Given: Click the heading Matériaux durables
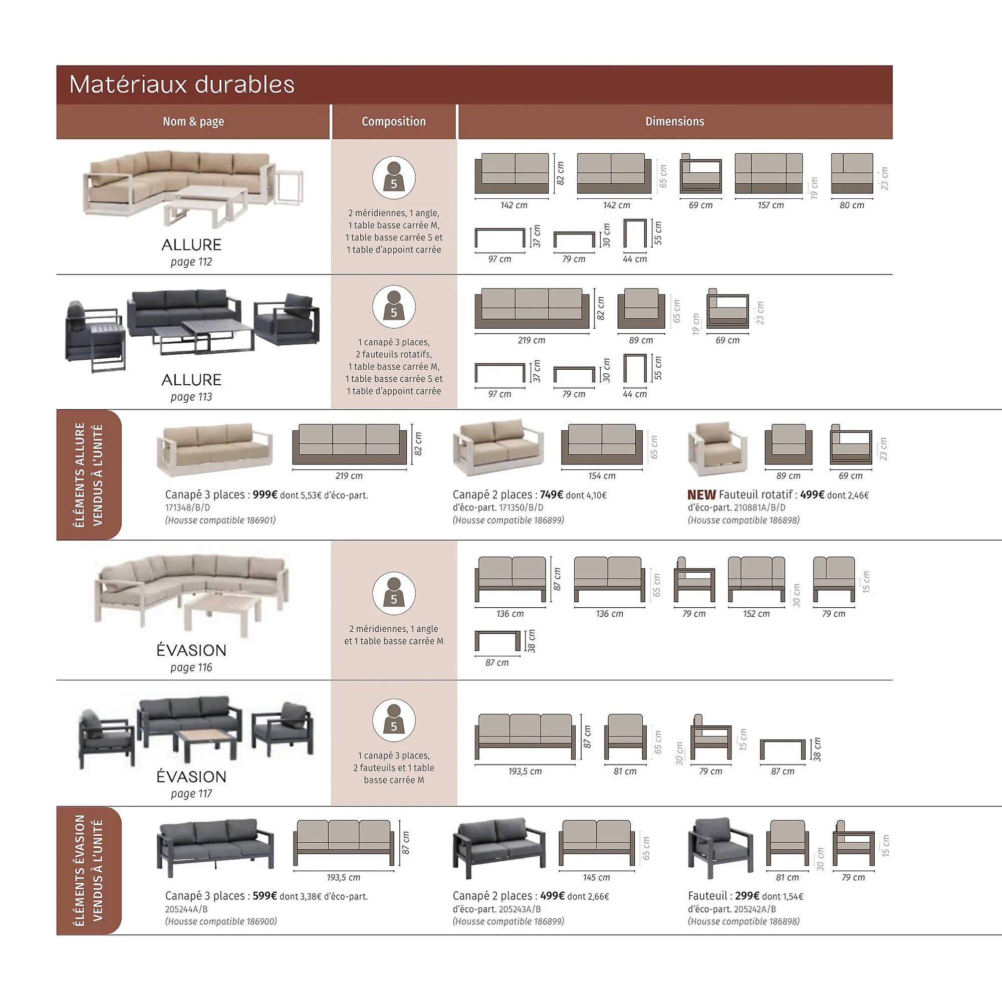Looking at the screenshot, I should (181, 85).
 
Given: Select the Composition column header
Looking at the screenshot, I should (394, 121).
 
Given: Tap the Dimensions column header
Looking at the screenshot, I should (674, 121).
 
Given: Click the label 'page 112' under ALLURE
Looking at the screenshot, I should (191, 262).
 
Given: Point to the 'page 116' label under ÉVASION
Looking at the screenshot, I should (191, 667).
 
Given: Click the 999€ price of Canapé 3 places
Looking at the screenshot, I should (265, 495).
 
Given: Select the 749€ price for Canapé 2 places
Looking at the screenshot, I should (551, 495).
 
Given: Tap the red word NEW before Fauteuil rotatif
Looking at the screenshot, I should (701, 495).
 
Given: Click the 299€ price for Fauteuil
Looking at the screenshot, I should (747, 896).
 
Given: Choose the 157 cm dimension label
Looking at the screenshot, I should (770, 205).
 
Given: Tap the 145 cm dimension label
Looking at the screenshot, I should (596, 878).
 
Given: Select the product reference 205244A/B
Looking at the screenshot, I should (186, 909).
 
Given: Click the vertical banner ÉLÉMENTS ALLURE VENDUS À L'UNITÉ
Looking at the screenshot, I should (89, 474).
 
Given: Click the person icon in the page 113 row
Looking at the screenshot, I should (394, 307).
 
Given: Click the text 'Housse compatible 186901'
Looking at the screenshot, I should (220, 520).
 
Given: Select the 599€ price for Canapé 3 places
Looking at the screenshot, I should (265, 896).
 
